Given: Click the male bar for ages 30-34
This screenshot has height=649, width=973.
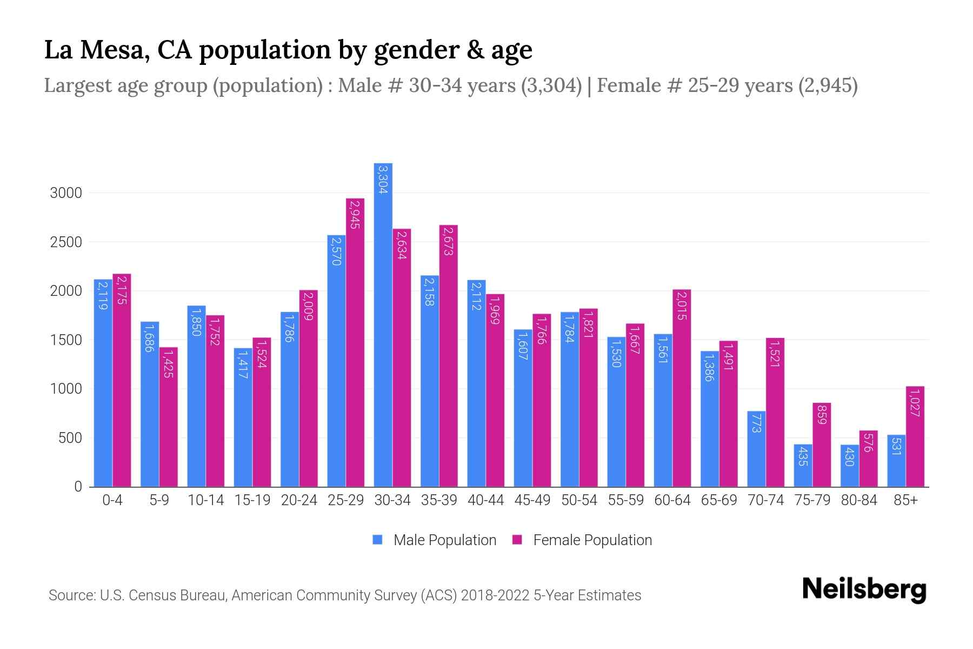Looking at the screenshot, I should pos(383,325).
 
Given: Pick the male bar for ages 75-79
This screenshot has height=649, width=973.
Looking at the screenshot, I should pos(803,465).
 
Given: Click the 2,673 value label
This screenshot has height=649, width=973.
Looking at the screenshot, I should pos(448,241).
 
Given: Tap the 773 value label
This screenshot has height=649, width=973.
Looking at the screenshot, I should pos(756,422).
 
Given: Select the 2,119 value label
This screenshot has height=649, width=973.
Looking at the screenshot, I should pos(103,295).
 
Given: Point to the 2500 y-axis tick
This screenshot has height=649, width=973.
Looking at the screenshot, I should pos(66,242).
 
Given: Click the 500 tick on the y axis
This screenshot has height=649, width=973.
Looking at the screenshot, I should pos(70,438).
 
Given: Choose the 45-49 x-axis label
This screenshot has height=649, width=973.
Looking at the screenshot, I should pos(532,500).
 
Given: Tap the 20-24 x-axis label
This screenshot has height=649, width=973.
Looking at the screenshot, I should pos(299,500).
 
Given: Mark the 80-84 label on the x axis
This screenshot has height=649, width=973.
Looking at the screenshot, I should pos(858,500).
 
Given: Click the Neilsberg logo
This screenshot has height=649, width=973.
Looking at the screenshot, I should pos(864,590).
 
